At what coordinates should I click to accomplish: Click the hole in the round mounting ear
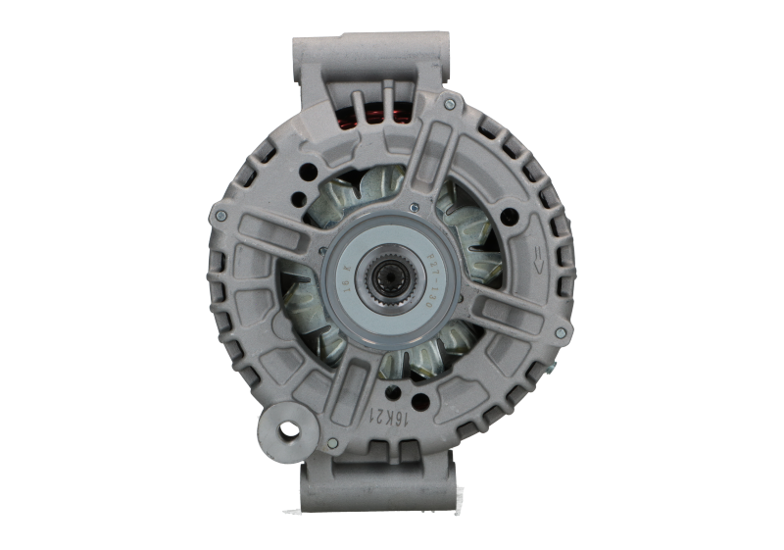(288, 428)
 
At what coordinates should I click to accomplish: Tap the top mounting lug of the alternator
(371, 54)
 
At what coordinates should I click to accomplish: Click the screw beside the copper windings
(448, 103)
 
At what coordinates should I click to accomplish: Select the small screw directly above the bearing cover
(416, 209)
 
